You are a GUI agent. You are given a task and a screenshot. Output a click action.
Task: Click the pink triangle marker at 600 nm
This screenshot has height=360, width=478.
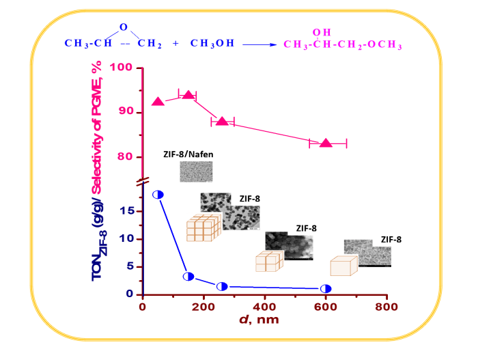[326, 143]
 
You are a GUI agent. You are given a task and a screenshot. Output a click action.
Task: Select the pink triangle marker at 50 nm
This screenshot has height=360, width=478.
[158, 101]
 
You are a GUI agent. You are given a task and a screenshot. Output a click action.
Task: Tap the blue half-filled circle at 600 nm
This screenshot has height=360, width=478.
[326, 289]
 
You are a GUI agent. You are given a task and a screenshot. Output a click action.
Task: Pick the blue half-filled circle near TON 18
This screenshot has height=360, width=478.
[158, 195]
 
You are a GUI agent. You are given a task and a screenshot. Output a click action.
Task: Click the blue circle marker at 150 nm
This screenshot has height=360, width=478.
[188, 277]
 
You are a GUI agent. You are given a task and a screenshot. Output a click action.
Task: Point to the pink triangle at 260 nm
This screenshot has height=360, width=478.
[221, 121]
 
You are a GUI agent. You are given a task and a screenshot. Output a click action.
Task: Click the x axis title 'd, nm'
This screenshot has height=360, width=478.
[260, 320]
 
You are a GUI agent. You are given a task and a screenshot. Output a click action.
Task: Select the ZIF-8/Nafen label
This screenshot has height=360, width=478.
[188, 154]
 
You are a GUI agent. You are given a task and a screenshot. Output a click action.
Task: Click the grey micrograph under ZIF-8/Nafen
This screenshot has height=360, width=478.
[196, 171]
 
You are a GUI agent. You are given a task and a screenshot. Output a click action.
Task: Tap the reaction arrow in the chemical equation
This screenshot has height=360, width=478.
[259, 44]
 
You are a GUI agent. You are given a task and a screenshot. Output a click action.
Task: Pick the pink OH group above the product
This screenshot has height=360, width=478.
[319, 32]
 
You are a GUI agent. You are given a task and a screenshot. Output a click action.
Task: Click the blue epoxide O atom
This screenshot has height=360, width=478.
[123, 27]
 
